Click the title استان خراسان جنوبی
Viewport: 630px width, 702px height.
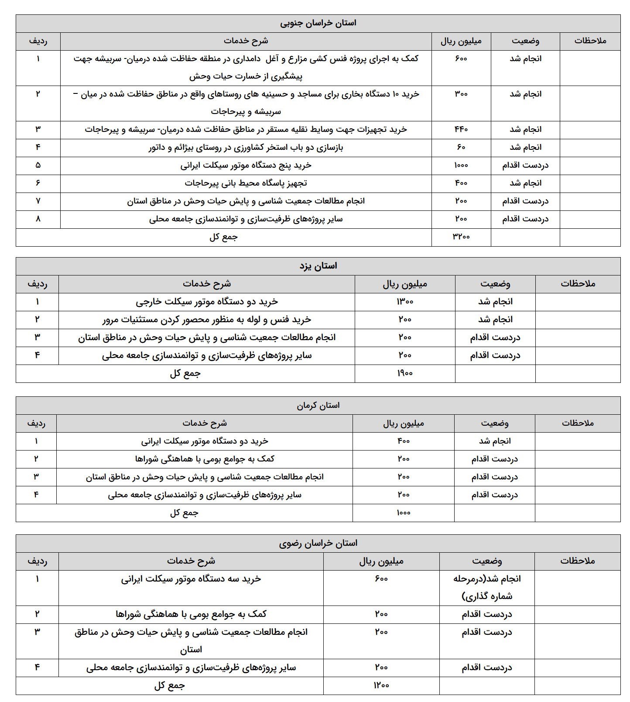click(318, 23)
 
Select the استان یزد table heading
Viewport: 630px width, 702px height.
click(318, 266)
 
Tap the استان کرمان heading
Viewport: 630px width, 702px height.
click(318, 405)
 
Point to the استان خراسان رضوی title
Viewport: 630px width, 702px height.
click(318, 543)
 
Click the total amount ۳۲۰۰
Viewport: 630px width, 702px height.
click(461, 237)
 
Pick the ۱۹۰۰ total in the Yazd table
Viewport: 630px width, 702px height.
click(404, 373)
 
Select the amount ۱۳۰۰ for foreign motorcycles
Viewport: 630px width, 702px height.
click(404, 302)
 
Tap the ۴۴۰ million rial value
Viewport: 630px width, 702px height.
click(461, 130)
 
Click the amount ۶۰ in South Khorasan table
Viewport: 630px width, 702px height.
click(461, 148)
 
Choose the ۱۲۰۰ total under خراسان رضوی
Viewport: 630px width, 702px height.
click(381, 685)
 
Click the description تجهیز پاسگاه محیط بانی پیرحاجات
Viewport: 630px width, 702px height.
click(246, 183)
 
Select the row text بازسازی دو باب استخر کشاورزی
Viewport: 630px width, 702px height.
click(246, 148)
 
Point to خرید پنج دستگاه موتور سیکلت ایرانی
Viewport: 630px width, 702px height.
click(246, 165)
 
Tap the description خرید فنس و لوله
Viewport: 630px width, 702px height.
click(206, 320)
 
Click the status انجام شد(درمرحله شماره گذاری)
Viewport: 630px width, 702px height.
click(487, 587)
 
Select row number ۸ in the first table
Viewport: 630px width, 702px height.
click(38, 219)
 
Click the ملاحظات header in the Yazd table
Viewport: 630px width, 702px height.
click(578, 284)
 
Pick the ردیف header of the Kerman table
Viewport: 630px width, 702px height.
click(36, 423)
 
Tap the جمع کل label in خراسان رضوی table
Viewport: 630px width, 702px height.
click(169, 685)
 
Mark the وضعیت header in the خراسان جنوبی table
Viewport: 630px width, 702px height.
click(525, 41)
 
